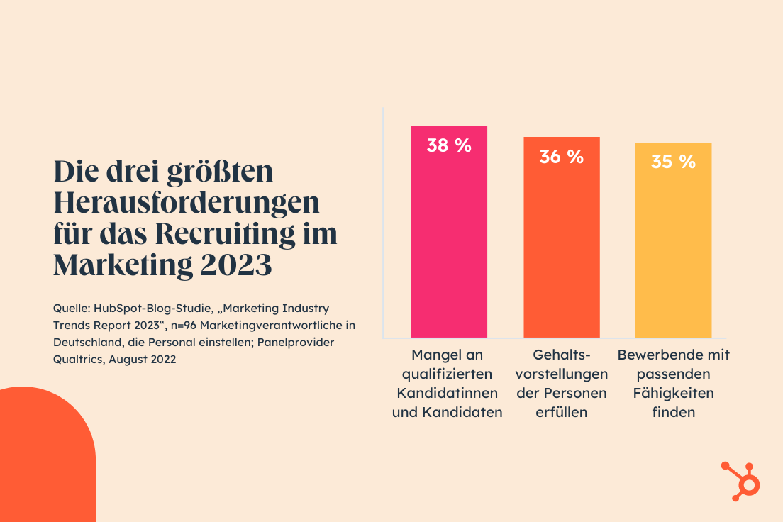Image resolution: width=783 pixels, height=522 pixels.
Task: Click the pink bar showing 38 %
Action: (x=449, y=231)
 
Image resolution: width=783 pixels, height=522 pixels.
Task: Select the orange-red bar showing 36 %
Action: (x=561, y=237)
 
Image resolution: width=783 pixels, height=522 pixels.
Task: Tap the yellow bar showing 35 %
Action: (x=673, y=240)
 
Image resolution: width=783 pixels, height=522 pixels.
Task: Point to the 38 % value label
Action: (x=449, y=145)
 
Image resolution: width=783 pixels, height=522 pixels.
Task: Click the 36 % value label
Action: (x=561, y=157)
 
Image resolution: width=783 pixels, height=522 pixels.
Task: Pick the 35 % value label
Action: (x=673, y=162)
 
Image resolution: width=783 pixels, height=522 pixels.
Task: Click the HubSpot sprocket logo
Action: (x=740, y=481)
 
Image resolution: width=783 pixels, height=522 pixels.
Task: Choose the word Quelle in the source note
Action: (x=71, y=309)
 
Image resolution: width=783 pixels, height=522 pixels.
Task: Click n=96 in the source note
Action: (x=183, y=326)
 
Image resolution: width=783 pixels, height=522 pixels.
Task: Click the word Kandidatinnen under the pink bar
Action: (x=447, y=393)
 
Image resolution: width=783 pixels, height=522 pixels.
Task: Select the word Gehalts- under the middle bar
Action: (x=561, y=355)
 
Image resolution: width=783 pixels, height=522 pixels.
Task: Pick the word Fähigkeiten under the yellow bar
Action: (x=673, y=393)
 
